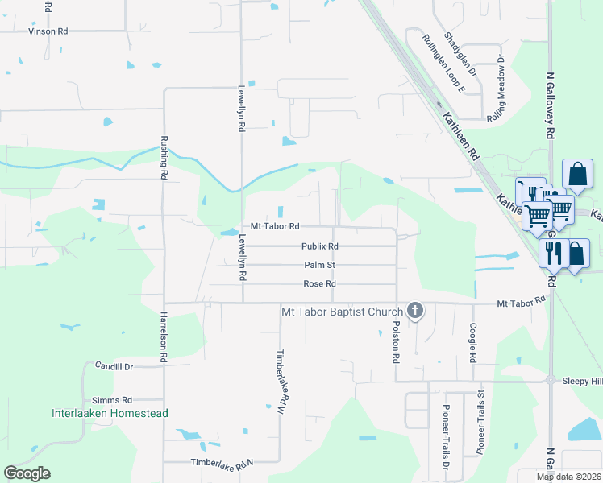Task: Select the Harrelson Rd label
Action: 164,336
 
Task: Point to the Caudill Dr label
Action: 113,365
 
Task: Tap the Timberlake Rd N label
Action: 222,462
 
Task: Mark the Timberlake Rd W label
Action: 281,382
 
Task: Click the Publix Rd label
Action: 319,246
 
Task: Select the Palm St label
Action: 319,265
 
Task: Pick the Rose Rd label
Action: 319,283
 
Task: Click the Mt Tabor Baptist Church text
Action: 341,311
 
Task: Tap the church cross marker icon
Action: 414,310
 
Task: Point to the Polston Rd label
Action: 397,343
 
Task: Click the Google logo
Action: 27,473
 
